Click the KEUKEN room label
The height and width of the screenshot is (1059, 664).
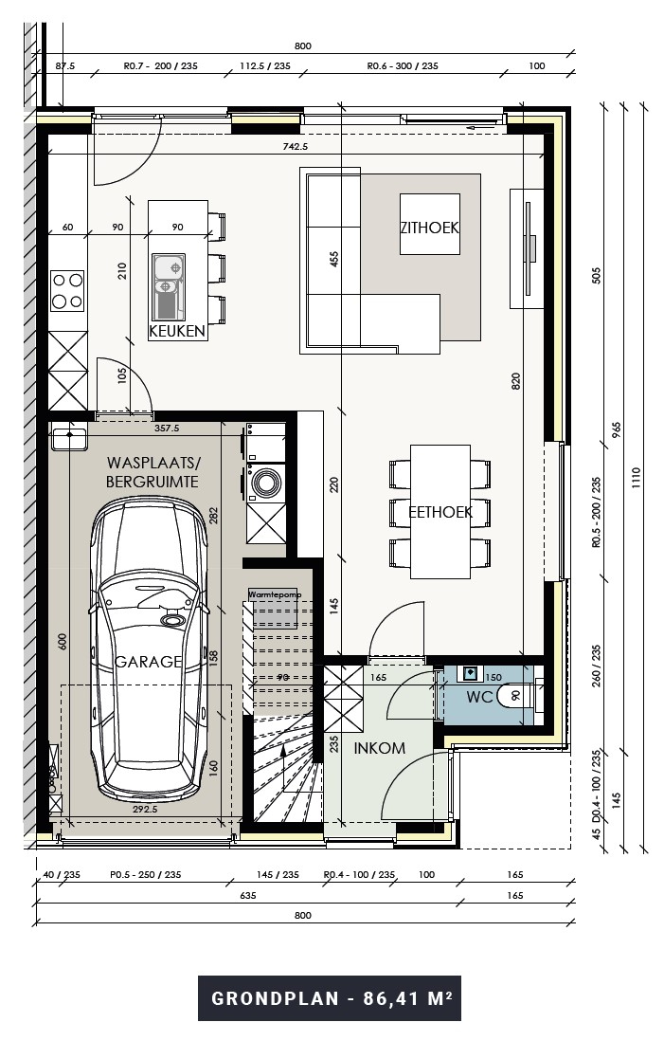click(177, 332)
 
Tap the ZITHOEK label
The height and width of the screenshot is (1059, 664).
click(429, 228)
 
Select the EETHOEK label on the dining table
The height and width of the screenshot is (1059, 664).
click(440, 512)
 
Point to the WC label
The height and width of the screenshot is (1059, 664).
click(480, 697)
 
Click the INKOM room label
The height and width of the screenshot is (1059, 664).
click(380, 748)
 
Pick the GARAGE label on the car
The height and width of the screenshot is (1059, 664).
click(148, 662)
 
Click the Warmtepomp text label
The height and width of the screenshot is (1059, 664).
click(274, 594)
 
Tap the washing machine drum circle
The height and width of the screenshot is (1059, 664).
click(265, 483)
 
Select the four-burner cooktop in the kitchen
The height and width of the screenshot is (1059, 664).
click(66, 291)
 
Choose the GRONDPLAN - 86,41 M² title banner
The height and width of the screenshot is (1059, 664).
click(330, 998)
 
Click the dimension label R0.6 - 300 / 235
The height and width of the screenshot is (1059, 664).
click(403, 67)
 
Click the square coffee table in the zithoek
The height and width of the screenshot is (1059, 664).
click(430, 224)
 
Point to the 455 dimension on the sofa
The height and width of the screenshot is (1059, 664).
click(333, 261)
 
